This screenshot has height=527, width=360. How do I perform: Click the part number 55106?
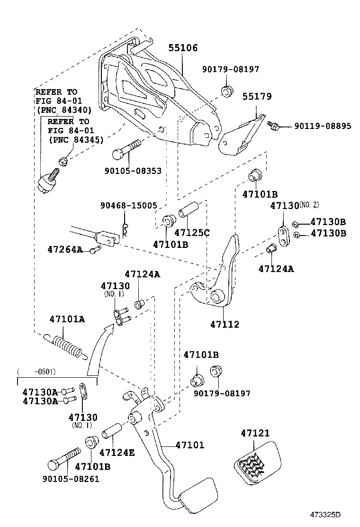pyautogui.click(x=183, y=48)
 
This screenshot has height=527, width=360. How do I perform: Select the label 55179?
pyautogui.click(x=257, y=96)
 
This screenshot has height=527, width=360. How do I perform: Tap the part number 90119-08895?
pyautogui.click(x=323, y=126)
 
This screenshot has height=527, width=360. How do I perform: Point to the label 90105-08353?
pyautogui.click(x=133, y=170)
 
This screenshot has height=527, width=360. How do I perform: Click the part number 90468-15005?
pyautogui.click(x=128, y=205)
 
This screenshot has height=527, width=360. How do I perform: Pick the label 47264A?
pyautogui.click(x=65, y=249)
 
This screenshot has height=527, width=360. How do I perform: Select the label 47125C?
pyautogui.click(x=192, y=233)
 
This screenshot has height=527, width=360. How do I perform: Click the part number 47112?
pyautogui.click(x=225, y=325)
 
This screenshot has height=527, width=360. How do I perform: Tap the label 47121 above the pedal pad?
pyautogui.click(x=255, y=433)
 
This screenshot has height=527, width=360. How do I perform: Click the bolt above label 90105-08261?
pyautogui.click(x=62, y=460)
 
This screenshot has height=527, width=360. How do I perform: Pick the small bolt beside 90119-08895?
pyautogui.click(x=273, y=126)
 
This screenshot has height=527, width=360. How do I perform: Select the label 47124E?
pyautogui.click(x=117, y=453)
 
